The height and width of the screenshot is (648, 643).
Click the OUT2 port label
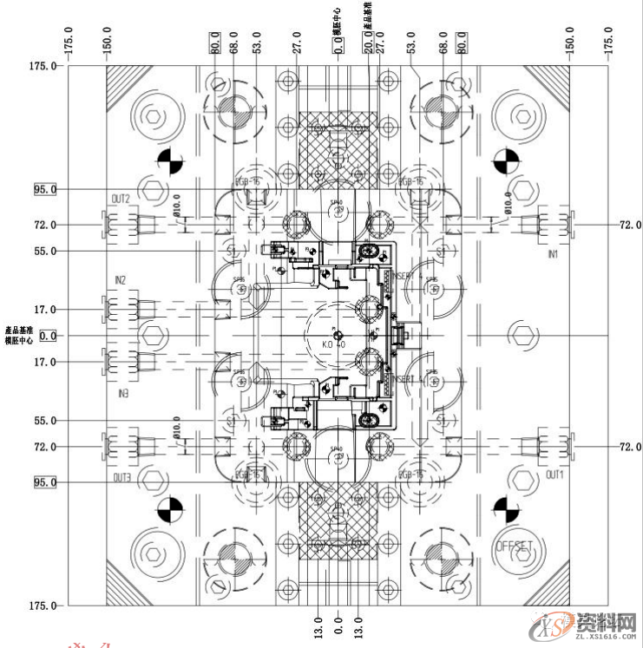tap(120, 199)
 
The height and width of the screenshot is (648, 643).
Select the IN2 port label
tap(120, 280)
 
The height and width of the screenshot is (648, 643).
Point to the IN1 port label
tap(553, 255)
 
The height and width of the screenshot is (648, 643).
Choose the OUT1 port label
tap(554, 476)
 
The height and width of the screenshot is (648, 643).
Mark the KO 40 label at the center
tap(334, 344)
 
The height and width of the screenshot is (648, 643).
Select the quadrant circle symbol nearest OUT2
tap(170, 161)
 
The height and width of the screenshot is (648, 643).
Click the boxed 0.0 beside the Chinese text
tap(47, 335)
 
